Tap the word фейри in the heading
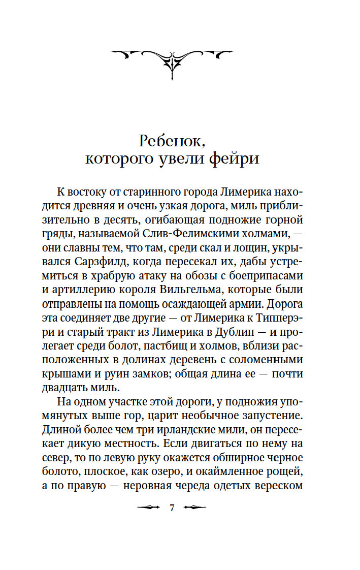click(235, 159)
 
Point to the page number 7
click(172, 508)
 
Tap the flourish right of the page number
click(195, 508)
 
